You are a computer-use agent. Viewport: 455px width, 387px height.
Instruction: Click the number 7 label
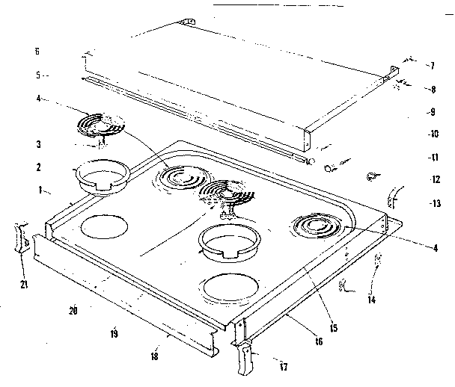[x=432, y=66]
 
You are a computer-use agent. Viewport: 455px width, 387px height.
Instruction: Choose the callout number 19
[x=114, y=334]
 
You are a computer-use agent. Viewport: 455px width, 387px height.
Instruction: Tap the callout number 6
[x=36, y=52]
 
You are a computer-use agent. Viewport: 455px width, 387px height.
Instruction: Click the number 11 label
[x=432, y=158]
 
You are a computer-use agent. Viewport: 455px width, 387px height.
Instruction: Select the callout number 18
[x=154, y=356]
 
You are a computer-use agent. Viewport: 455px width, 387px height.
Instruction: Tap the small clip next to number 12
[x=369, y=177]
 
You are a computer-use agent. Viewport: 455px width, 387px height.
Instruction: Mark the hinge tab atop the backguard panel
[x=187, y=23]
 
